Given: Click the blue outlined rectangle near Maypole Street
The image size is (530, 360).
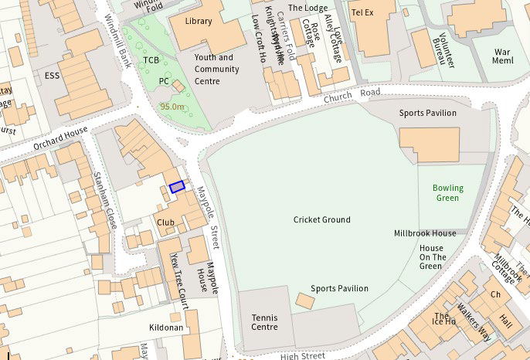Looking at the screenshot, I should [177, 186].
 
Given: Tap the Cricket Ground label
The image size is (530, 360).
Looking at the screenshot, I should [321, 220].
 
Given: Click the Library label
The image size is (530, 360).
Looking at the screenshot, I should [198, 22].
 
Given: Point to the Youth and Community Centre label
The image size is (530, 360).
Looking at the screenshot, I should [214, 69].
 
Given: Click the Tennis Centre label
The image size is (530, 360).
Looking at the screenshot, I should [264, 322].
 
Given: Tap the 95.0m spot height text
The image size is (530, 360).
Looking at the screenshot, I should [172, 107].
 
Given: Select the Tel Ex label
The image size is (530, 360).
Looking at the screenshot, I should [362, 13].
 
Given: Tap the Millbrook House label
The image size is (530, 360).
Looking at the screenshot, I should [424, 233].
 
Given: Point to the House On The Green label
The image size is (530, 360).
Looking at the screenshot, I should [432, 257].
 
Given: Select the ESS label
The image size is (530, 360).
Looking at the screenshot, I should [53, 76].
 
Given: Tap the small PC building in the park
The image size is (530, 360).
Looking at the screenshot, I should [178, 85].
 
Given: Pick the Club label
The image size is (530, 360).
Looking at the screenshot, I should [165, 222].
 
